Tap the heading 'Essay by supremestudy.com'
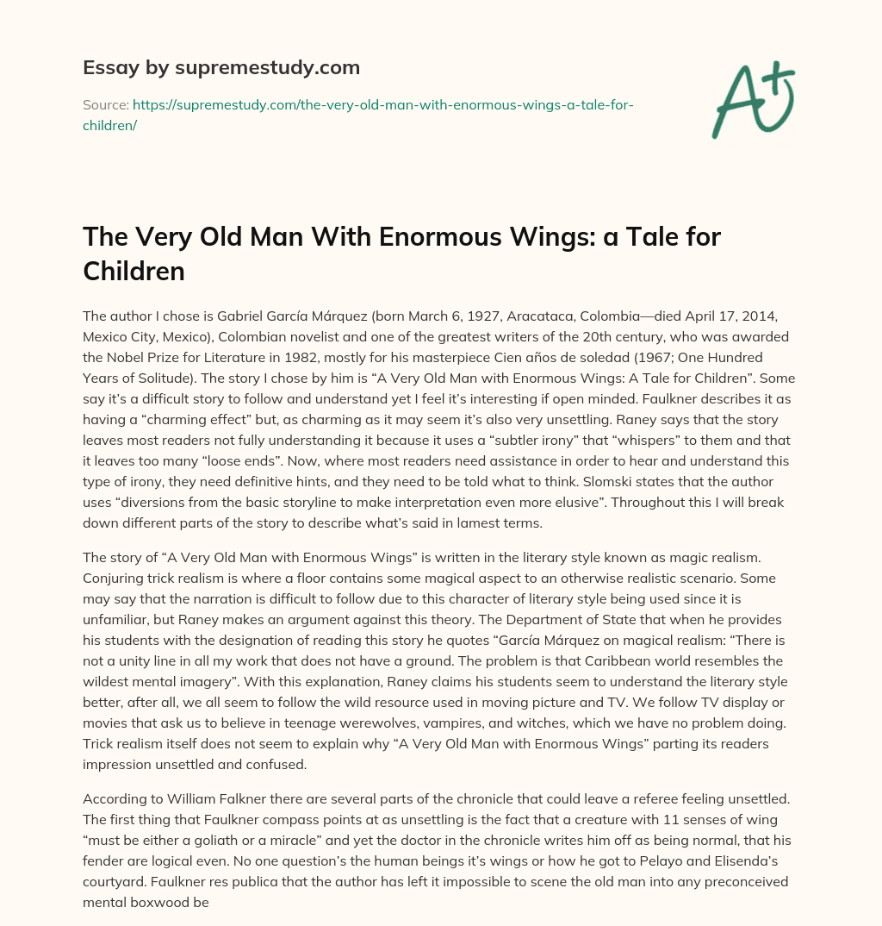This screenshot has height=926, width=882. point(220,67)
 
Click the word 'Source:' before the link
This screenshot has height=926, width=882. point(105,104)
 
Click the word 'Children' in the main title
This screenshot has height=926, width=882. point(134,271)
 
